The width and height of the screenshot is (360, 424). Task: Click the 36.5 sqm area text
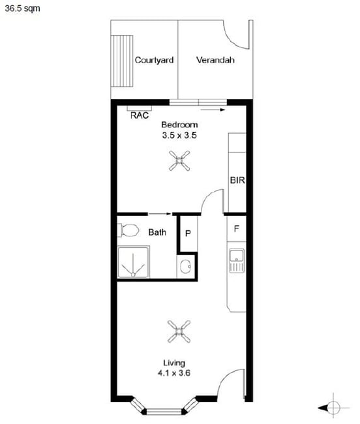[22, 8]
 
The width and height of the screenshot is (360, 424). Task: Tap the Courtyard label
[154, 60]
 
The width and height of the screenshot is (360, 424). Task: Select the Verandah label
[215, 60]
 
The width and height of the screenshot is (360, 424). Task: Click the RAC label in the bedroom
[140, 115]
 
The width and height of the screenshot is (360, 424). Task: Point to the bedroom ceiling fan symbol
[179, 161]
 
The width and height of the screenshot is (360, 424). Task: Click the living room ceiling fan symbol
[179, 331]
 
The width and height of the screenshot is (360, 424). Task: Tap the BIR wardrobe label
[237, 180]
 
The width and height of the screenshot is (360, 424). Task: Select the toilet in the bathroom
[128, 230]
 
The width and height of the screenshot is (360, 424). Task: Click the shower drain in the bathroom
[133, 275]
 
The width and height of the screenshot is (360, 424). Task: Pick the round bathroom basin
[185, 266]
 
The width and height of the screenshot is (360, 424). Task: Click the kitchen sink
[237, 260]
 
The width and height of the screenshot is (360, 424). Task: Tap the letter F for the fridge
[237, 229]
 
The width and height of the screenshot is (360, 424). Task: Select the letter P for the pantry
[188, 233]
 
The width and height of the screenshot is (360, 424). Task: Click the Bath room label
[157, 232]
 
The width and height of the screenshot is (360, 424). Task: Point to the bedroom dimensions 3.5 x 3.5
[179, 135]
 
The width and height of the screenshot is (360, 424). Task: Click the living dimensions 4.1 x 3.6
[174, 373]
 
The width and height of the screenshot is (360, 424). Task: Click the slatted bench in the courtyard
[122, 61]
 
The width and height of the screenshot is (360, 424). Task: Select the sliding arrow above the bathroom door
[160, 214]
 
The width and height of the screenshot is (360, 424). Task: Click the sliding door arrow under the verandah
[213, 110]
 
